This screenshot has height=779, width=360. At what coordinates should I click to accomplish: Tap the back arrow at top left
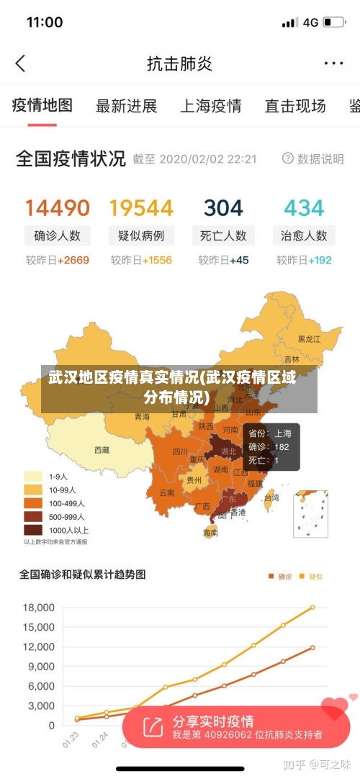click(x=20, y=63)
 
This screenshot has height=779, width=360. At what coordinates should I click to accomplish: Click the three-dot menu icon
click(x=333, y=63)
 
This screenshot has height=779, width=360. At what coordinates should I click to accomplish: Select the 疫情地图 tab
click(x=42, y=106)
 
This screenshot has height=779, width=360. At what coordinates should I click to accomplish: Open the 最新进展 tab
click(x=127, y=107)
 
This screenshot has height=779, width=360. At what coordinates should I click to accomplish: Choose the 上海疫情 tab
click(x=210, y=107)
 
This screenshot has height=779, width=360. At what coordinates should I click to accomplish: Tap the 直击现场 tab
click(x=295, y=107)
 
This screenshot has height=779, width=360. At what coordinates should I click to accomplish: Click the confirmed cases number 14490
click(x=58, y=208)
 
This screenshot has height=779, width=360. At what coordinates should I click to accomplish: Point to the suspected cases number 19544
click(x=141, y=208)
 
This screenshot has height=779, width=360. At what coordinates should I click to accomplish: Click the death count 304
click(x=223, y=208)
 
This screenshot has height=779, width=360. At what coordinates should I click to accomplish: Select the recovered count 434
click(x=304, y=208)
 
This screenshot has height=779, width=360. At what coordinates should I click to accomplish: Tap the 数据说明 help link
click(x=313, y=158)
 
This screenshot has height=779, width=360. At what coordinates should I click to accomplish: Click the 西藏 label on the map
click(x=102, y=450)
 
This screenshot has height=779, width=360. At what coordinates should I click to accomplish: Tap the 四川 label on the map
click(x=180, y=452)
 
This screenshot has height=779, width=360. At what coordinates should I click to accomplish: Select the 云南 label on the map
click(x=167, y=493)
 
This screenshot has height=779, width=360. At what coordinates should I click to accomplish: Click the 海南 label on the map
click(x=210, y=533)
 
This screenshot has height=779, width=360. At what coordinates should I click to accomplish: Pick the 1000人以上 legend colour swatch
click(x=33, y=530)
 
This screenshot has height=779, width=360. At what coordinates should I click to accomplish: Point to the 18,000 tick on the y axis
click(x=38, y=608)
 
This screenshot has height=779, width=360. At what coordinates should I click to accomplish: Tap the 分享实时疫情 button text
click(x=212, y=721)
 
